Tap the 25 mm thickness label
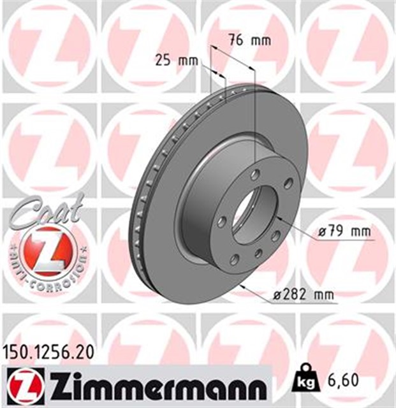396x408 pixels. [x=177, y=61]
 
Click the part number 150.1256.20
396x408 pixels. [x=49, y=351]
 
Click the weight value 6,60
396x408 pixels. [x=344, y=382]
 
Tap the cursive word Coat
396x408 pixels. [x=45, y=210]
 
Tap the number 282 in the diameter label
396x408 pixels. [x=295, y=295]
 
